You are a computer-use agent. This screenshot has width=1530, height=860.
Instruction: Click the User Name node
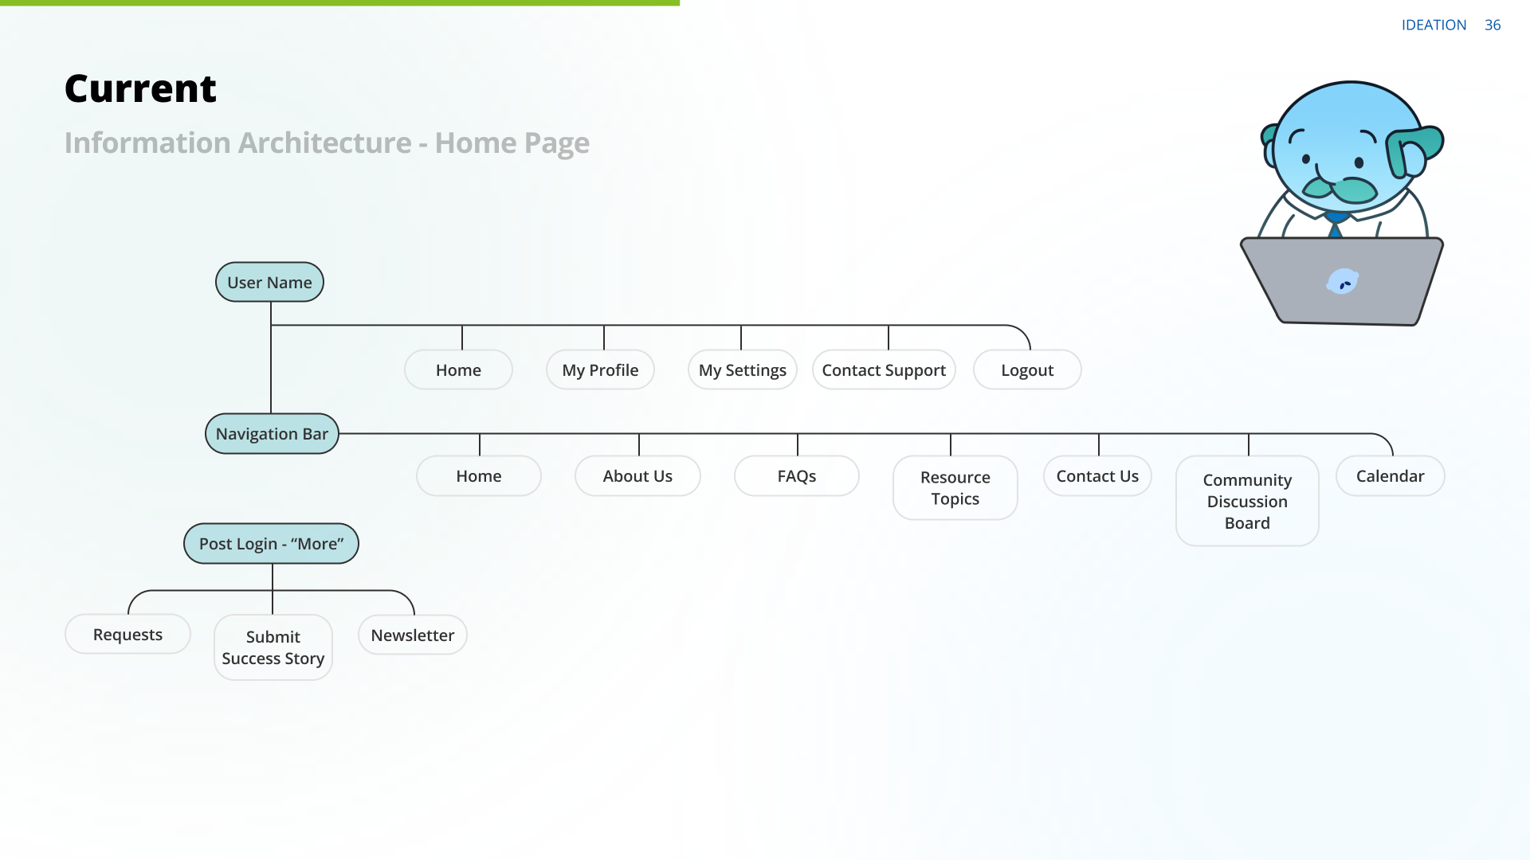269,283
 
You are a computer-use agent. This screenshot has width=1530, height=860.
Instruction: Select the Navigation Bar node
272,434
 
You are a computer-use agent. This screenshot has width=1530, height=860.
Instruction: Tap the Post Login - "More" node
271,544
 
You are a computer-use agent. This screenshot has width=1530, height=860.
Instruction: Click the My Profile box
600,370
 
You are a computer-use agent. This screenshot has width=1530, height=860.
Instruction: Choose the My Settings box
742,370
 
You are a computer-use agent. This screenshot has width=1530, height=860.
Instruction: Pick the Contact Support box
884,370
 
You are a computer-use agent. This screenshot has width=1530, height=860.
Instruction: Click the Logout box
1027,370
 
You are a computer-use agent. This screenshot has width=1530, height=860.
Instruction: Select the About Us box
637,476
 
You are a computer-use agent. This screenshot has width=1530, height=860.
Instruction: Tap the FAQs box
797,476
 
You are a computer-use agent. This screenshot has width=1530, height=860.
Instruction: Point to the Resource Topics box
955,488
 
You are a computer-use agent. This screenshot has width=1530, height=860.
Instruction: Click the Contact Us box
1097,476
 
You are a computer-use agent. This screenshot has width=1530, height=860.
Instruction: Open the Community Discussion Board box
1247,502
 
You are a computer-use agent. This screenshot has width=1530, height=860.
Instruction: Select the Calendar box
1390,476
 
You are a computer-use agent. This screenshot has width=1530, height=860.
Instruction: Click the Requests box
127,635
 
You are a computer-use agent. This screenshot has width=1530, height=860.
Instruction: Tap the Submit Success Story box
273,647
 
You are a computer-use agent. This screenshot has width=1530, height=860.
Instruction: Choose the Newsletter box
412,635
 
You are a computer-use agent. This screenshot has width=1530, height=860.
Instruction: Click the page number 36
1493,25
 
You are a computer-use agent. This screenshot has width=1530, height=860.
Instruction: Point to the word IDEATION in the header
1434,25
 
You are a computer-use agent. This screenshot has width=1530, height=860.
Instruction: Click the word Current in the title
140,88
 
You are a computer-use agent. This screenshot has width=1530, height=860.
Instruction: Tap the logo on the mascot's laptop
1342,282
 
